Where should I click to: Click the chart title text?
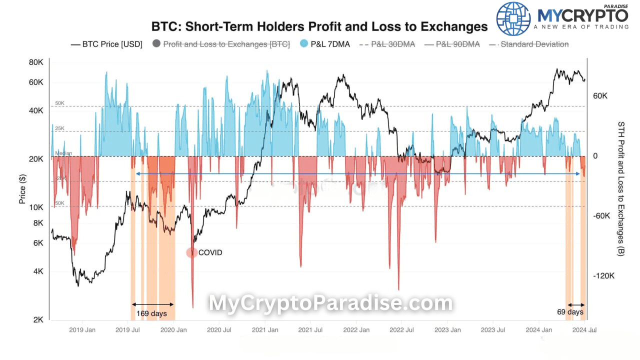tap(319, 26)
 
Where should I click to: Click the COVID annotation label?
tap(210, 252)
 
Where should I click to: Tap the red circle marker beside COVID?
tap(192, 252)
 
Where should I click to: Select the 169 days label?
tap(151, 314)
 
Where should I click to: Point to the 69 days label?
tap(570, 312)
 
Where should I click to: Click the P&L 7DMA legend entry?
tap(324, 44)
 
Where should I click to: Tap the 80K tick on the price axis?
tap(36, 62)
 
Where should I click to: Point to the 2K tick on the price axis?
tap(38, 320)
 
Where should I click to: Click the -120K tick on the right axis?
tap(603, 276)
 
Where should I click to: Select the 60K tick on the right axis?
tap(600, 95)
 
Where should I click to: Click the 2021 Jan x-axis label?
tap(265, 330)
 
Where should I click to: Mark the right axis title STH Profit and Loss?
tap(621, 189)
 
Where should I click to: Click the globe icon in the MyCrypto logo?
tap(513, 18)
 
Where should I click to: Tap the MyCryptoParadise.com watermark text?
tap(330, 303)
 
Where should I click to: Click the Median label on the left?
tap(63, 153)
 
